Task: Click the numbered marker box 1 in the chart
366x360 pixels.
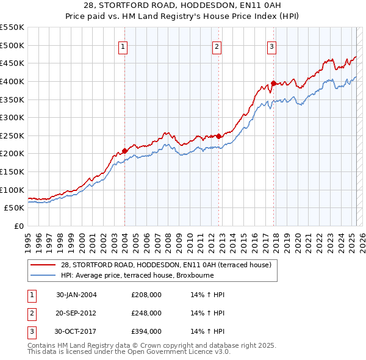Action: coord(123,46)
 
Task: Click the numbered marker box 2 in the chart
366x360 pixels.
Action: coord(217,46)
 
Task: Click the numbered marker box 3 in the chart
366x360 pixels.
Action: coord(271,46)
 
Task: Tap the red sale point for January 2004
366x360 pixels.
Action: coord(124,150)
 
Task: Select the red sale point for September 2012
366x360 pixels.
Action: coord(218,136)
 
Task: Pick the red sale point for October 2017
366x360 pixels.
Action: coord(273,83)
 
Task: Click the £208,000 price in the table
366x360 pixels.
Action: coord(146,295)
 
